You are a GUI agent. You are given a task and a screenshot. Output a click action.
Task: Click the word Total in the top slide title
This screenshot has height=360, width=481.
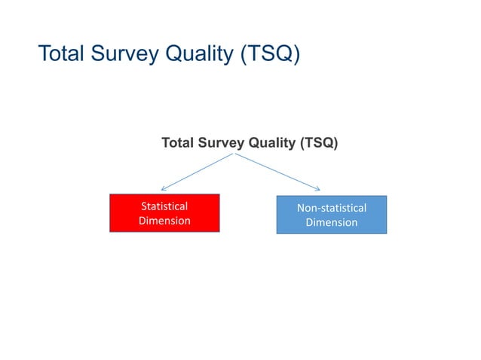pos(63,55)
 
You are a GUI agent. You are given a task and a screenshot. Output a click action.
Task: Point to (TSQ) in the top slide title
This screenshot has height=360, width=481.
pos(273,55)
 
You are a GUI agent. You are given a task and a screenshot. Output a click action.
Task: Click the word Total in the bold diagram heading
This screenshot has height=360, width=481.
pos(178,142)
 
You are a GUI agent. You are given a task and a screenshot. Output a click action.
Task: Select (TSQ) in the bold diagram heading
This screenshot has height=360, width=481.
pos(317,142)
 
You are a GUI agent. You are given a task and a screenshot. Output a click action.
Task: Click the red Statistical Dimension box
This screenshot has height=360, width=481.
pos(164,213)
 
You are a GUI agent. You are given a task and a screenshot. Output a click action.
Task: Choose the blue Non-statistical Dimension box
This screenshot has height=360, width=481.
pos(331,215)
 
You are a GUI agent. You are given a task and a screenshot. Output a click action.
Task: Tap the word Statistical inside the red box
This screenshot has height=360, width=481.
pos(164,206)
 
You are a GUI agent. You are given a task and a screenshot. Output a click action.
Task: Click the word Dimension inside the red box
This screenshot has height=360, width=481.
pos(164,221)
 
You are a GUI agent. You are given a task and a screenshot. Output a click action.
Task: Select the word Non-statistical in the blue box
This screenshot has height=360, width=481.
pos(331,207)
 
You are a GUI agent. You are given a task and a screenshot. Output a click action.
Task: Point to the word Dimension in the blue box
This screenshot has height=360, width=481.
pos(331,223)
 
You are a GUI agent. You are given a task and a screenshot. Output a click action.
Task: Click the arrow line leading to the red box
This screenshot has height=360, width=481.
pos(198,172)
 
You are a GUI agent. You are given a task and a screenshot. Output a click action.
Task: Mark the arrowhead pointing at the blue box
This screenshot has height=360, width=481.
pos(320,189)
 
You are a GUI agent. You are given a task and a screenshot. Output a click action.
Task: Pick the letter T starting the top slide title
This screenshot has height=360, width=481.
pos(43,55)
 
